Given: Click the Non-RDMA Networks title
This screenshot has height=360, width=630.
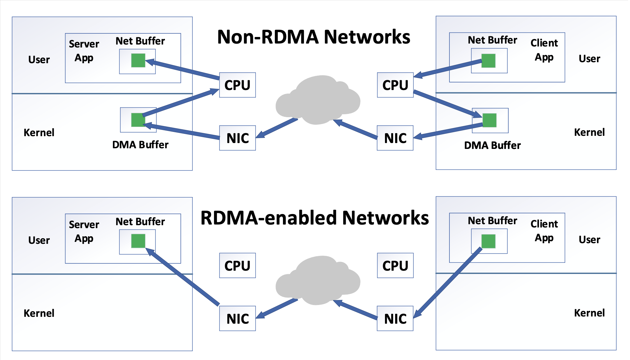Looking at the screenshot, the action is [x=314, y=37].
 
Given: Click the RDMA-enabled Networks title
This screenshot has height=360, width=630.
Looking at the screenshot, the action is [x=315, y=218].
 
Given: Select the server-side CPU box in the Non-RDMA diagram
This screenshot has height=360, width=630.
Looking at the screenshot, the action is [x=237, y=85].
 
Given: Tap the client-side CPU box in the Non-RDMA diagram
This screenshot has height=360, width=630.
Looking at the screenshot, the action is [x=395, y=85].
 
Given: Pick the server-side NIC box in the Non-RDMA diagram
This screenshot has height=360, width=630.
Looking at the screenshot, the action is [x=237, y=138].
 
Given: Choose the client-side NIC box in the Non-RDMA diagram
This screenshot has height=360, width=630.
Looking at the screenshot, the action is [x=395, y=138].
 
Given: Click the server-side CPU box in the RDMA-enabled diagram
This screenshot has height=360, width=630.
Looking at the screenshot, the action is [x=237, y=265].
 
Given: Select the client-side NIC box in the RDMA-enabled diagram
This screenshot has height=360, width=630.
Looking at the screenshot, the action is [x=395, y=318].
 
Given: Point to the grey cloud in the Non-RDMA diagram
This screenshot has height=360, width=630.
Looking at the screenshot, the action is [x=318, y=100].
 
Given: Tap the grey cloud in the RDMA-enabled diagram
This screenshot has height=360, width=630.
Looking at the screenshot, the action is [x=318, y=280].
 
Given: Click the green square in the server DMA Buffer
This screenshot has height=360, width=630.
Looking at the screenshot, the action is [x=138, y=120].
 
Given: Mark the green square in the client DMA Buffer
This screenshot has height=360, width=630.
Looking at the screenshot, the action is [x=490, y=120].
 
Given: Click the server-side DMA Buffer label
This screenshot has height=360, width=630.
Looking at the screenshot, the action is [x=140, y=145].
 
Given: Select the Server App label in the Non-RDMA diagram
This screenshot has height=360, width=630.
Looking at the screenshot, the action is [x=84, y=51].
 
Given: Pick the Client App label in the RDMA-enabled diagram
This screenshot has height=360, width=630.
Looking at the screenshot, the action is [x=544, y=231].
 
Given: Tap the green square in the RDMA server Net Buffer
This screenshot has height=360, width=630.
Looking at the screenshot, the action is [x=138, y=241].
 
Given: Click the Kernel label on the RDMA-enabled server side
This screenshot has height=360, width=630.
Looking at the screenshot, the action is [x=39, y=313].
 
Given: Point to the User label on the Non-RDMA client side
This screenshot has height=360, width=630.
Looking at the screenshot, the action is [x=589, y=59].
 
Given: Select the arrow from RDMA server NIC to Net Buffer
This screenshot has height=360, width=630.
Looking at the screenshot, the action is [x=182, y=277].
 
